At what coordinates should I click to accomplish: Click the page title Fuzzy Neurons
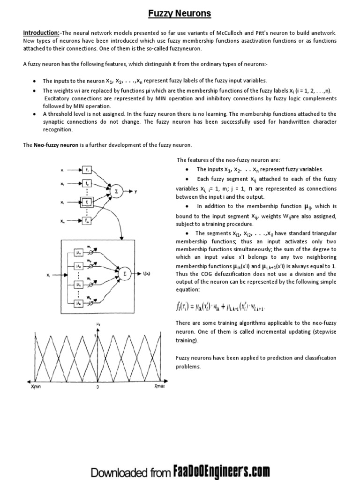(180, 14)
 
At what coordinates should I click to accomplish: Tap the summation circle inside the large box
(124, 272)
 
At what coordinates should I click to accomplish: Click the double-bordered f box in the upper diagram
(87, 202)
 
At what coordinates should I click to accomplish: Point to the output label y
(135, 191)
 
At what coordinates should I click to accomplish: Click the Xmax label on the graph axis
(159, 388)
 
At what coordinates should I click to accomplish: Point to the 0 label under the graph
(97, 388)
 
